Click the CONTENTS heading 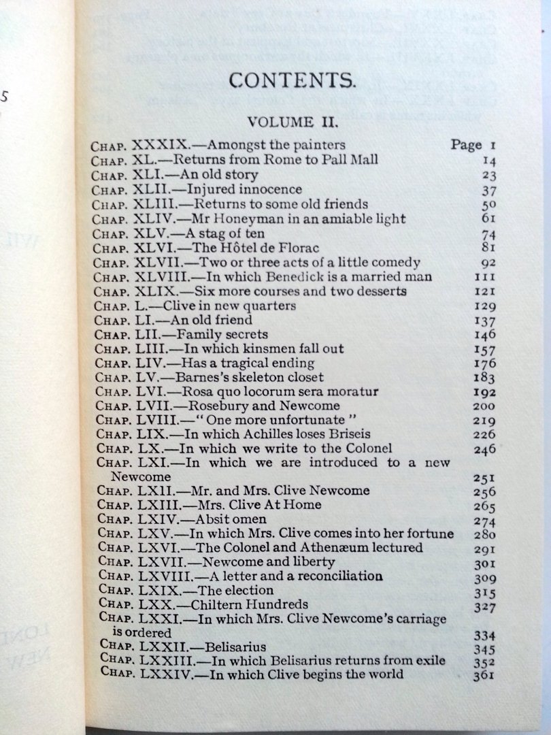(x=292, y=81)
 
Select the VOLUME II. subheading (x=293, y=122)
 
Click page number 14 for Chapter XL (x=488, y=161)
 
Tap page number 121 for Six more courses (x=485, y=292)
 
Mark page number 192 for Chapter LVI (x=485, y=393)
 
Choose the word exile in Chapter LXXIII (x=429, y=661)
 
